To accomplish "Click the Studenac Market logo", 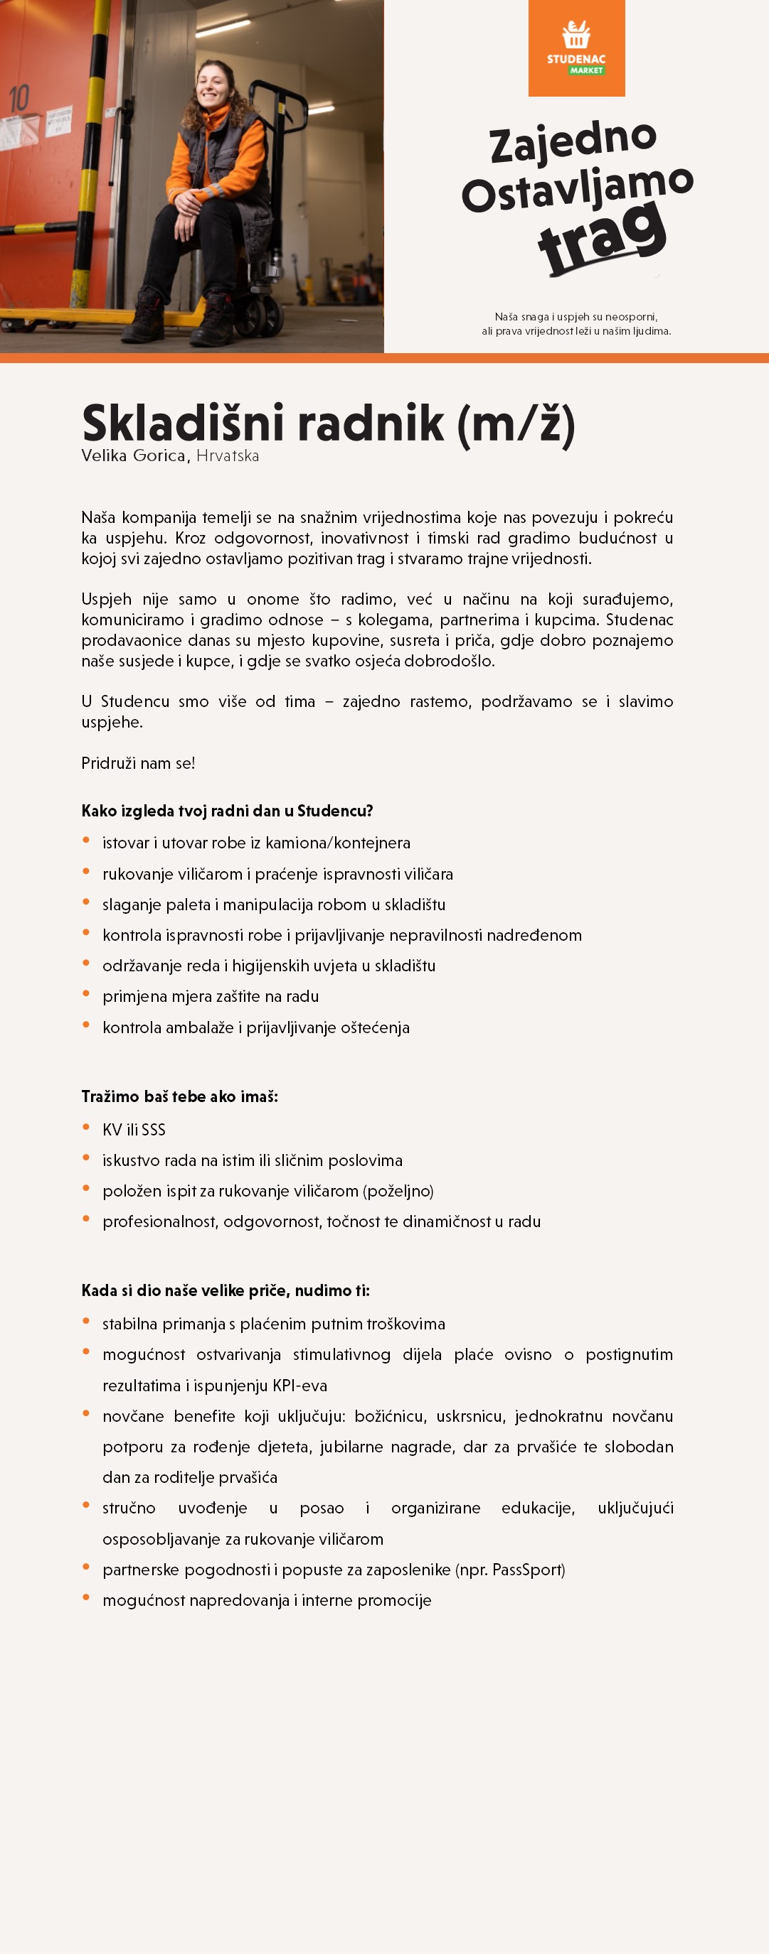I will (x=576, y=48).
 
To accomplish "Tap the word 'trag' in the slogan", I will (x=602, y=237).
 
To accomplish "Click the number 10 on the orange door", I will (x=19, y=99).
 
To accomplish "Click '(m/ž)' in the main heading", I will (x=516, y=424).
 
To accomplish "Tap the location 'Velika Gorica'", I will (x=134, y=456).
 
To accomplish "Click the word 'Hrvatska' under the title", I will (x=228, y=456).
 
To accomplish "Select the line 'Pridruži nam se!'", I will (x=138, y=763).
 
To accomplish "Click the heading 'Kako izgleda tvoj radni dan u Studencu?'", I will (x=227, y=811).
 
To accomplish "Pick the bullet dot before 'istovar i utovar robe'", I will (x=86, y=841).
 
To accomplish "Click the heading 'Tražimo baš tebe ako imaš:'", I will (x=180, y=1096).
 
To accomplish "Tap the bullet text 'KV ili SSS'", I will (x=134, y=1130).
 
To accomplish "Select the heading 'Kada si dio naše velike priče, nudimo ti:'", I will (x=226, y=1290).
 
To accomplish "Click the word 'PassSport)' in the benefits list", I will (x=529, y=1570).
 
